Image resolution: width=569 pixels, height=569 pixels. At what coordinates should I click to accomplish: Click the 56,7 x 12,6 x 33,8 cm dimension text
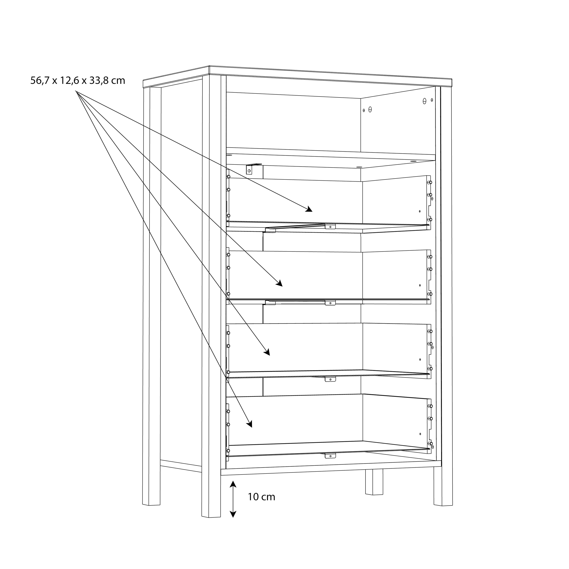tap(78, 80)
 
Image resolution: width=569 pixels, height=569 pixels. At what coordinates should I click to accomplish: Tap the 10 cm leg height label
tap(261, 497)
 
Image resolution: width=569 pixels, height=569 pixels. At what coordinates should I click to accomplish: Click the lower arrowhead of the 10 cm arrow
tap(233, 514)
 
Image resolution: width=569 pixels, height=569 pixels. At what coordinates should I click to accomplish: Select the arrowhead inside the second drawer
tap(279, 284)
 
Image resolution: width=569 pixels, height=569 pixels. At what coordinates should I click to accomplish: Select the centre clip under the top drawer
tap(330, 226)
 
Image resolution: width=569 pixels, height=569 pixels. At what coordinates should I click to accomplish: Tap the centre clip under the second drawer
tap(330, 303)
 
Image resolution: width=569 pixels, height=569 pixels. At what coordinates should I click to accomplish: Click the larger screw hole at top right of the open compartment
tap(424, 101)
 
